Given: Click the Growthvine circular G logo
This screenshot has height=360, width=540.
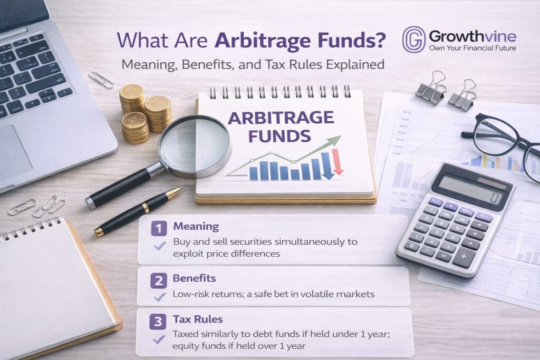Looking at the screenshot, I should point(413,40).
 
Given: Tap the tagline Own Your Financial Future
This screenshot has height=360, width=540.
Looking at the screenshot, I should point(472,48).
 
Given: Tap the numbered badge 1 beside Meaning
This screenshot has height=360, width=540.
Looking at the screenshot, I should point(158,228).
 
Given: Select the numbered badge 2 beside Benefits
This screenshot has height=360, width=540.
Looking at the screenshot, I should point(158,279).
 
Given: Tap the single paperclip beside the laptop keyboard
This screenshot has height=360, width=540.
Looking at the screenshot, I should point(101,80).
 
